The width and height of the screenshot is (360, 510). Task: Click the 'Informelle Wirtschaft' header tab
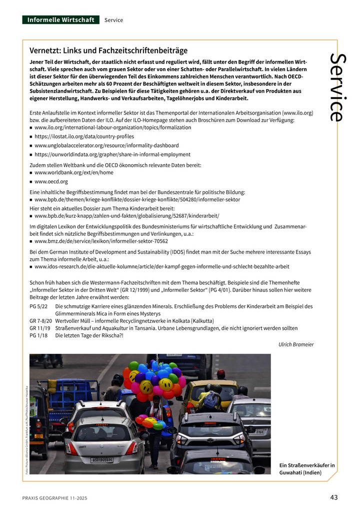[x=60, y=20]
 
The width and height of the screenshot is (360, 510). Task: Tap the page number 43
[x=334, y=497]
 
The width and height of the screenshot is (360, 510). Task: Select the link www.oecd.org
[x=51, y=182]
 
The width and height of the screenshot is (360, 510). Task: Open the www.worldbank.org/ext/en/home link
[x=74, y=173]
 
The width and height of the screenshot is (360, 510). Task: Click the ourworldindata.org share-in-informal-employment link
[x=112, y=155]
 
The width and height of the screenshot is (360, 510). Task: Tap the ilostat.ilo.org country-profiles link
[x=84, y=137]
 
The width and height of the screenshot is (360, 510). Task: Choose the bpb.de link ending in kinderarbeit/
[x=127, y=216]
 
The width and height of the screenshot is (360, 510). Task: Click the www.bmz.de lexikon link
[x=101, y=241]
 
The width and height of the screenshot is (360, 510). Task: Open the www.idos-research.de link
[x=162, y=267]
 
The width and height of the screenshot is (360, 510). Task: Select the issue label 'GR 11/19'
[x=40, y=328]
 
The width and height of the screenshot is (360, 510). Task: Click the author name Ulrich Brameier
[x=296, y=344]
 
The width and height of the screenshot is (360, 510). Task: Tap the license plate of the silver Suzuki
[x=101, y=459]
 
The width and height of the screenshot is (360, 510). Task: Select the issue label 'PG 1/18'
[x=38, y=335]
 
